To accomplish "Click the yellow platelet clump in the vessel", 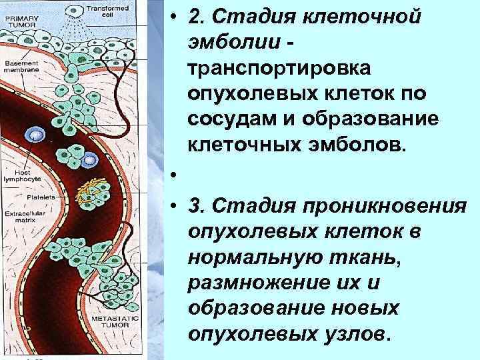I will (88, 193).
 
